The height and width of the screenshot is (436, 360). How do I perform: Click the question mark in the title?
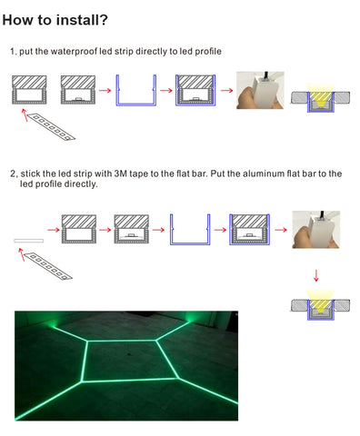(x=104, y=20)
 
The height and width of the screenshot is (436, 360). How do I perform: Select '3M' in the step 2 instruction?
(x=121, y=173)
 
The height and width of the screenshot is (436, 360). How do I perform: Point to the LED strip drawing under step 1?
(x=51, y=127)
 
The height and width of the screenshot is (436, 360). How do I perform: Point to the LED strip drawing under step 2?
(x=48, y=266)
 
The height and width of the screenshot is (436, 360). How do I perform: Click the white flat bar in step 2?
(x=29, y=241)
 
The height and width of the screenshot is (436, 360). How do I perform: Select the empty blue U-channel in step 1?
(x=136, y=90)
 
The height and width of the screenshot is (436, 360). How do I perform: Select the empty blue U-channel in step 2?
(x=190, y=230)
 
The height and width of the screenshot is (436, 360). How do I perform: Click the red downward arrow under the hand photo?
(x=316, y=275)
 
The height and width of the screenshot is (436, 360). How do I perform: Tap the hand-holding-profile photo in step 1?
(x=260, y=90)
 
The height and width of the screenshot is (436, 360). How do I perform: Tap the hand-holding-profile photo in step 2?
(x=316, y=230)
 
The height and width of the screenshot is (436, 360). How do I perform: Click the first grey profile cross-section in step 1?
(x=29, y=90)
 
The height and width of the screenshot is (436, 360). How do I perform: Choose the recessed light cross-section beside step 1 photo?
(x=321, y=97)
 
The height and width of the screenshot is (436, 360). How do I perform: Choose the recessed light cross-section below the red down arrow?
(x=321, y=305)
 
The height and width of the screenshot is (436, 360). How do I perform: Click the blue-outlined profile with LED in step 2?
(x=250, y=230)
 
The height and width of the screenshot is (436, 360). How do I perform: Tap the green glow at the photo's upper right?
(x=191, y=317)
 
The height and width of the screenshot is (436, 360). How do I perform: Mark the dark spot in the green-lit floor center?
(x=130, y=354)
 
